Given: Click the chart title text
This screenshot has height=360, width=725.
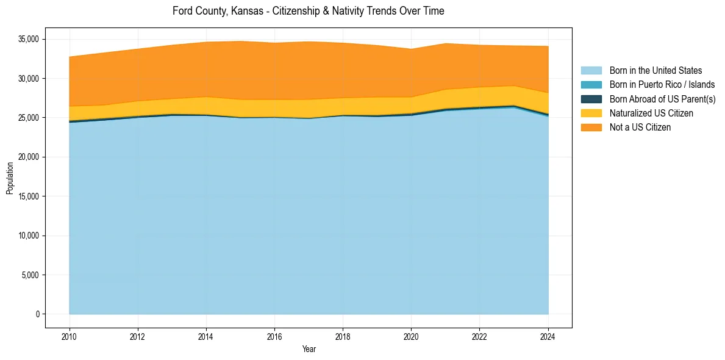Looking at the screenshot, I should [x=308, y=11].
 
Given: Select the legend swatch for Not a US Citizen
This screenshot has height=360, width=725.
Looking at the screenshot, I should [x=591, y=128].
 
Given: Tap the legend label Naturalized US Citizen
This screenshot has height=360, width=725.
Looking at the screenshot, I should [x=651, y=113].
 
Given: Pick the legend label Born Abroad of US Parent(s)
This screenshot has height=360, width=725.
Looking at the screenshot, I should [x=662, y=99].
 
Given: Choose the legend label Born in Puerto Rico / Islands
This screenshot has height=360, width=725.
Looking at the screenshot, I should [x=662, y=85].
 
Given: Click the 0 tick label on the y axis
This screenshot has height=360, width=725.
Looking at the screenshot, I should [x=37, y=314].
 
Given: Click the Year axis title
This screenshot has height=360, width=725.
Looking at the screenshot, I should [x=309, y=349].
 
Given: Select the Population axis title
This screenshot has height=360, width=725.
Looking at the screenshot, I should [x=10, y=178].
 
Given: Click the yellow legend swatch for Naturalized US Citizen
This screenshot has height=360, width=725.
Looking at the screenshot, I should [x=591, y=113].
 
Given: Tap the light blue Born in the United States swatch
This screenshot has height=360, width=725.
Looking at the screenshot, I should [x=591, y=71].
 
